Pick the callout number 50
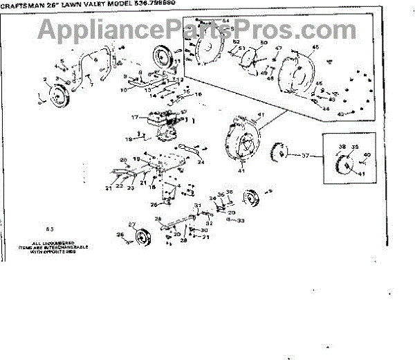click(x=264, y=44)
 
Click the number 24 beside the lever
click(x=201, y=162)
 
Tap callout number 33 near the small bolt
click(x=241, y=220)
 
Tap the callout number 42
click(x=340, y=113)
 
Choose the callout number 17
click(x=137, y=117)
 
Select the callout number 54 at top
click(x=227, y=21)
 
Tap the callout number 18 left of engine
click(x=128, y=139)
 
